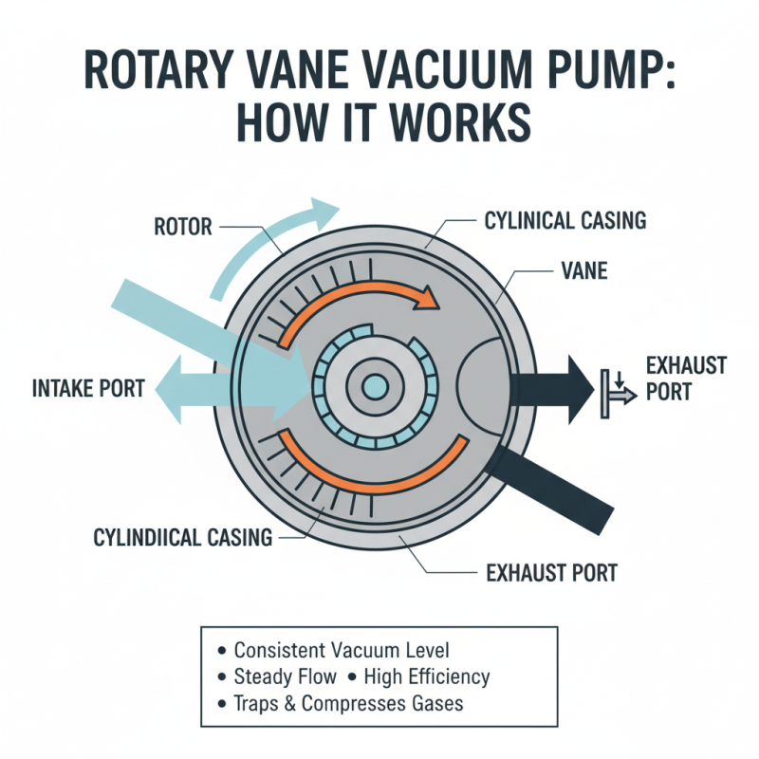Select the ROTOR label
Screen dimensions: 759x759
tap(183, 227)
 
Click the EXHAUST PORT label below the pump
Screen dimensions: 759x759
tap(538, 572)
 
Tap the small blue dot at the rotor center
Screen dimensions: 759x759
tap(375, 386)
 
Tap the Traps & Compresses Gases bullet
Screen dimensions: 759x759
tap(349, 703)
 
